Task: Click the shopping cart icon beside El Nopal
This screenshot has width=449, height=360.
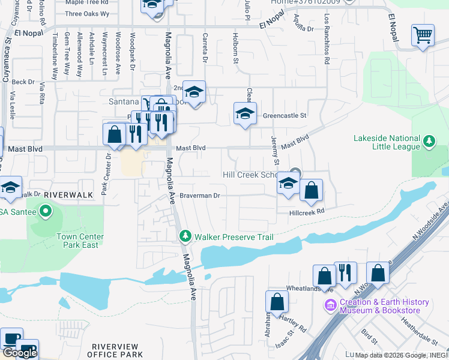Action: [423, 35]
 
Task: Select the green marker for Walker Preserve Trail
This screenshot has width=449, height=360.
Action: [186, 237]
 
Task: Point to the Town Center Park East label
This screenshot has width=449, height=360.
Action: [80, 241]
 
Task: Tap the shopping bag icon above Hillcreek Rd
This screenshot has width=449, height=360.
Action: [311, 191]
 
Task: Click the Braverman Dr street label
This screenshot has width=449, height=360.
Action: [200, 196]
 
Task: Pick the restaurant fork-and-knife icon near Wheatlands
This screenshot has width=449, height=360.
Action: [345, 273]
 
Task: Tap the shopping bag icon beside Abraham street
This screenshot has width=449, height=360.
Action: [277, 302]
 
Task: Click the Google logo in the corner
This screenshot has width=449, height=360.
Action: [19, 353]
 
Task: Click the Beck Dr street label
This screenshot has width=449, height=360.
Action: [23, 82]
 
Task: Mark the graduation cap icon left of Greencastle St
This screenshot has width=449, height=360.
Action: [244, 113]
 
